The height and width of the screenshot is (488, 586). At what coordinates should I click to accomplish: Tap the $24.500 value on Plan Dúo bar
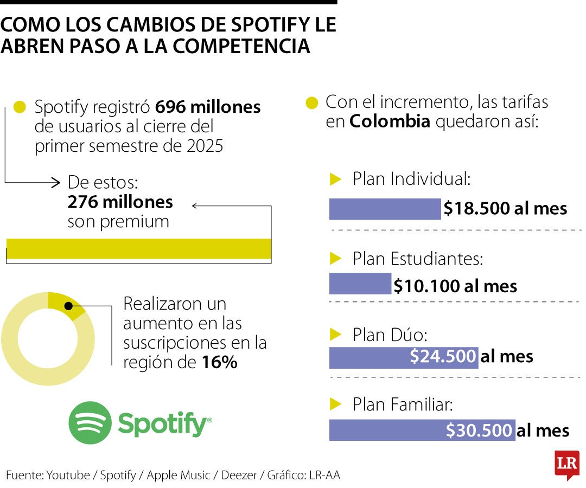pyautogui.click(x=443, y=356)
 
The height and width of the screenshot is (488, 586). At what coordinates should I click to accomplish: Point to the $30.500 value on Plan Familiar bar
pyautogui.click(x=479, y=431)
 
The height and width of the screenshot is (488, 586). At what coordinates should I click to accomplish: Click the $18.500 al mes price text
pyautogui.click(x=505, y=209)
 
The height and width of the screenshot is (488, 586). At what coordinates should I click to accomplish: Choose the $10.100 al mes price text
pyautogui.click(x=455, y=286)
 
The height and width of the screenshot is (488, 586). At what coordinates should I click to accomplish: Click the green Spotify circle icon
pyautogui.click(x=90, y=423)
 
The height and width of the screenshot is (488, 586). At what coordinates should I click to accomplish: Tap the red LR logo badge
pyautogui.click(x=566, y=464)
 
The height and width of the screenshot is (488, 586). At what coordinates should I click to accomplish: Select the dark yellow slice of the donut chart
pyautogui.click(x=64, y=304)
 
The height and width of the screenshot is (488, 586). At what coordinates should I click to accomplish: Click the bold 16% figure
pyautogui.click(x=219, y=363)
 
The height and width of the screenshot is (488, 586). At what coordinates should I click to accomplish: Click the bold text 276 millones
pyautogui.click(x=120, y=202)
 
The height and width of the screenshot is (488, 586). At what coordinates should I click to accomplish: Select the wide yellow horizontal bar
pyautogui.click(x=138, y=248)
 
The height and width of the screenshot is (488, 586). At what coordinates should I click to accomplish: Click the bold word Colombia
pyautogui.click(x=390, y=121)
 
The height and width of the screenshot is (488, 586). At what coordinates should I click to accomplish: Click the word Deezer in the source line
pyautogui.click(x=240, y=475)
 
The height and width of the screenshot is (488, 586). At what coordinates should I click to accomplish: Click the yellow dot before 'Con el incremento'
pyautogui.click(x=311, y=103)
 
